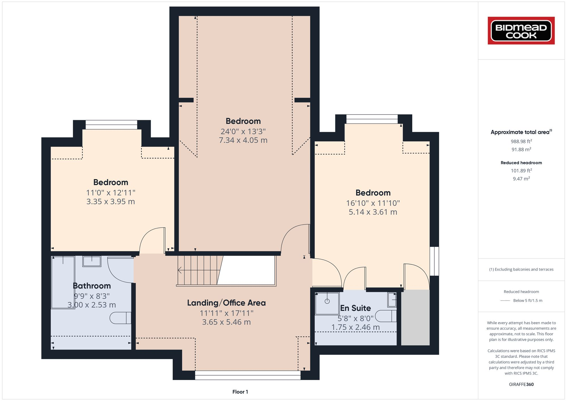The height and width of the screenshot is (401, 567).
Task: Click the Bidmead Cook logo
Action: coord(521,31)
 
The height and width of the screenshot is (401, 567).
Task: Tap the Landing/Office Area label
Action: coord(226,303)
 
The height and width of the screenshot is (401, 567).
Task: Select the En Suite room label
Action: coord(356,308)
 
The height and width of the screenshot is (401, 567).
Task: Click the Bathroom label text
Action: coord(92,286)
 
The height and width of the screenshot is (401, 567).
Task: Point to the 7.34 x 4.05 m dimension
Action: coord(243,140)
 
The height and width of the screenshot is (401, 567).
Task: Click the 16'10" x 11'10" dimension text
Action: coord(373,203)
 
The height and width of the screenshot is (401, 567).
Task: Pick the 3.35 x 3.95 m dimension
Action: coord(111,201)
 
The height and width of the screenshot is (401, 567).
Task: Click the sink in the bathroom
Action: coord(92,261)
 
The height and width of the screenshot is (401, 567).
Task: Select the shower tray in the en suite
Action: coord(327,304)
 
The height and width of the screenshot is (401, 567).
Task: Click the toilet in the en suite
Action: coord(386,316)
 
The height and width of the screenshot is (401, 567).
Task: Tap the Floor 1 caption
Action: coord(240,392)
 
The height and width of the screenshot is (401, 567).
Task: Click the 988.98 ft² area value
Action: coord(521,141)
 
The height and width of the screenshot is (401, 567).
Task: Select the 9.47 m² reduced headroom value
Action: coord(521,179)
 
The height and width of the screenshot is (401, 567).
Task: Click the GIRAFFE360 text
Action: coord(521,385)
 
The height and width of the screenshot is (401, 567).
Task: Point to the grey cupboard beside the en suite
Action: coord(415,317)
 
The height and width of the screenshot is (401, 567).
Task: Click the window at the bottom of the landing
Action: coord(247,375)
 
